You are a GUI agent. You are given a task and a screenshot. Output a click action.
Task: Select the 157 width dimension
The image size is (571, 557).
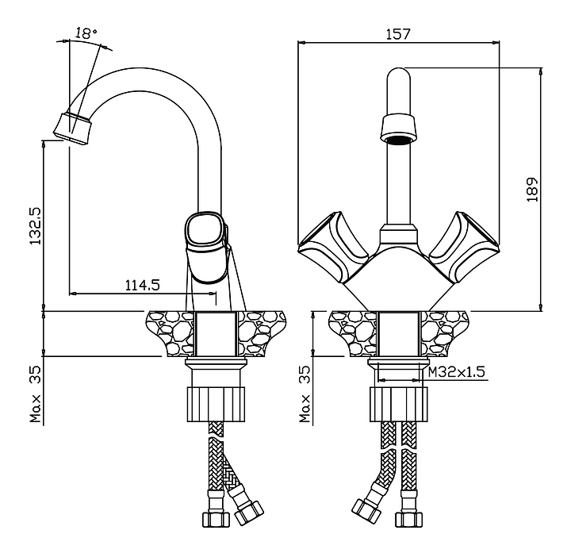point(399,34)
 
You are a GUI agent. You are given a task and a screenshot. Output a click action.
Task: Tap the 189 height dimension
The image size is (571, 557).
point(532,189)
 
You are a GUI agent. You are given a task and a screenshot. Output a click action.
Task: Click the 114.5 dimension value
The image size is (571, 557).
point(143,284)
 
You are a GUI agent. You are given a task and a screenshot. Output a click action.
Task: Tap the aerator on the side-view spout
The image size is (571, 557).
point(73,127)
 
